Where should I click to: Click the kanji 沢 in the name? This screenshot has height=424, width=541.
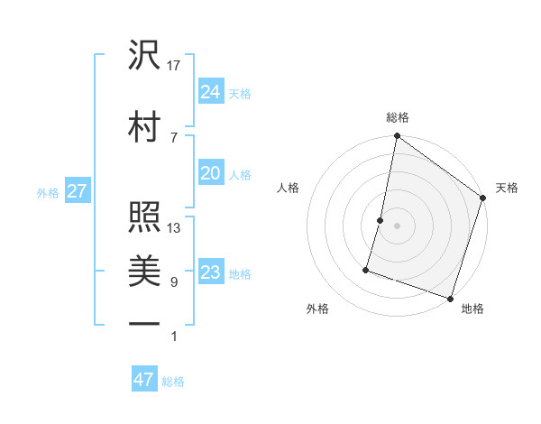pos(144,56)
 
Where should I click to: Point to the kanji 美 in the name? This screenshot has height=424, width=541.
pos(144,269)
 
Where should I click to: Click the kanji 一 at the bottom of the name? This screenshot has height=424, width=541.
pos(144,322)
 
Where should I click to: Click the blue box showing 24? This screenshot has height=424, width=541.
pos(211,91)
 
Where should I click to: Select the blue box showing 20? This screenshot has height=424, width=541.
pos(211,173)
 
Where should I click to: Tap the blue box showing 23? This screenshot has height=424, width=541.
pos(211,272)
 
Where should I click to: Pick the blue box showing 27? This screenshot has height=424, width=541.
pos(77,191)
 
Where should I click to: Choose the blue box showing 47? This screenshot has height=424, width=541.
pos(143,380)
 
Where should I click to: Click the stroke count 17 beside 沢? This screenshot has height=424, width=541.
pos(174,66)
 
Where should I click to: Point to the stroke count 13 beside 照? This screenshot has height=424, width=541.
pos(174,227)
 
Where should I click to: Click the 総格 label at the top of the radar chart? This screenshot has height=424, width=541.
pos(398,117)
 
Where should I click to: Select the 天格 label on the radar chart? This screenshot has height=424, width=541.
pos(507,188)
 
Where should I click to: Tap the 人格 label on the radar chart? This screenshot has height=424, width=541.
pos(289,188)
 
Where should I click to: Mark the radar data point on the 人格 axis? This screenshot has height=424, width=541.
pos(381,220)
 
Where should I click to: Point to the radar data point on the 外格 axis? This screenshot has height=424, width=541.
pos(367,269)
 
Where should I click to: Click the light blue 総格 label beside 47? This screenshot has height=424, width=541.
pos(173,382)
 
